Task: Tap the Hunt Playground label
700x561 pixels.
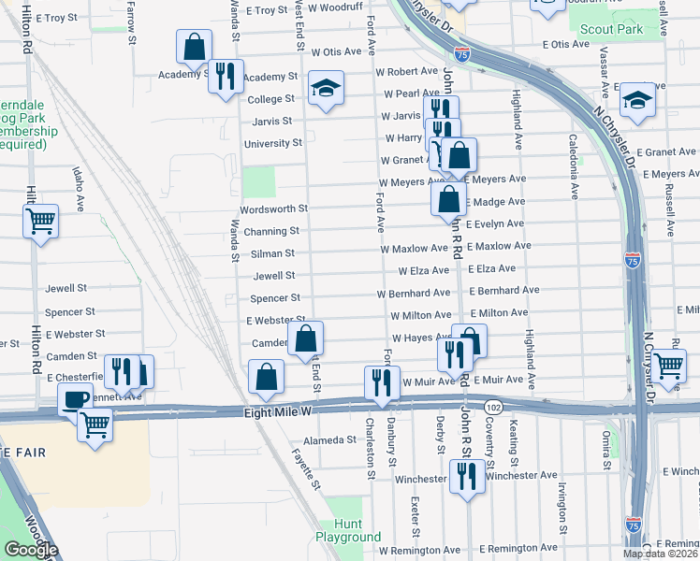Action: (x=347, y=530)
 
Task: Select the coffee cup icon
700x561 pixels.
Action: (x=76, y=400)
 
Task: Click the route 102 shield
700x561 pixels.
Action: (x=493, y=407)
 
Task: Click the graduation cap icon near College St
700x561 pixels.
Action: (x=326, y=90)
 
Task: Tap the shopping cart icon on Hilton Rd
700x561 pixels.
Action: (x=40, y=222)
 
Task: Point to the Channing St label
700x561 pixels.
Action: (x=271, y=231)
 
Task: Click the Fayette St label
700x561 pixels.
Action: (x=306, y=471)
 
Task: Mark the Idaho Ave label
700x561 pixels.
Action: (x=78, y=185)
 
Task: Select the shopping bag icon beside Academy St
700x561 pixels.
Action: (x=193, y=47)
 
